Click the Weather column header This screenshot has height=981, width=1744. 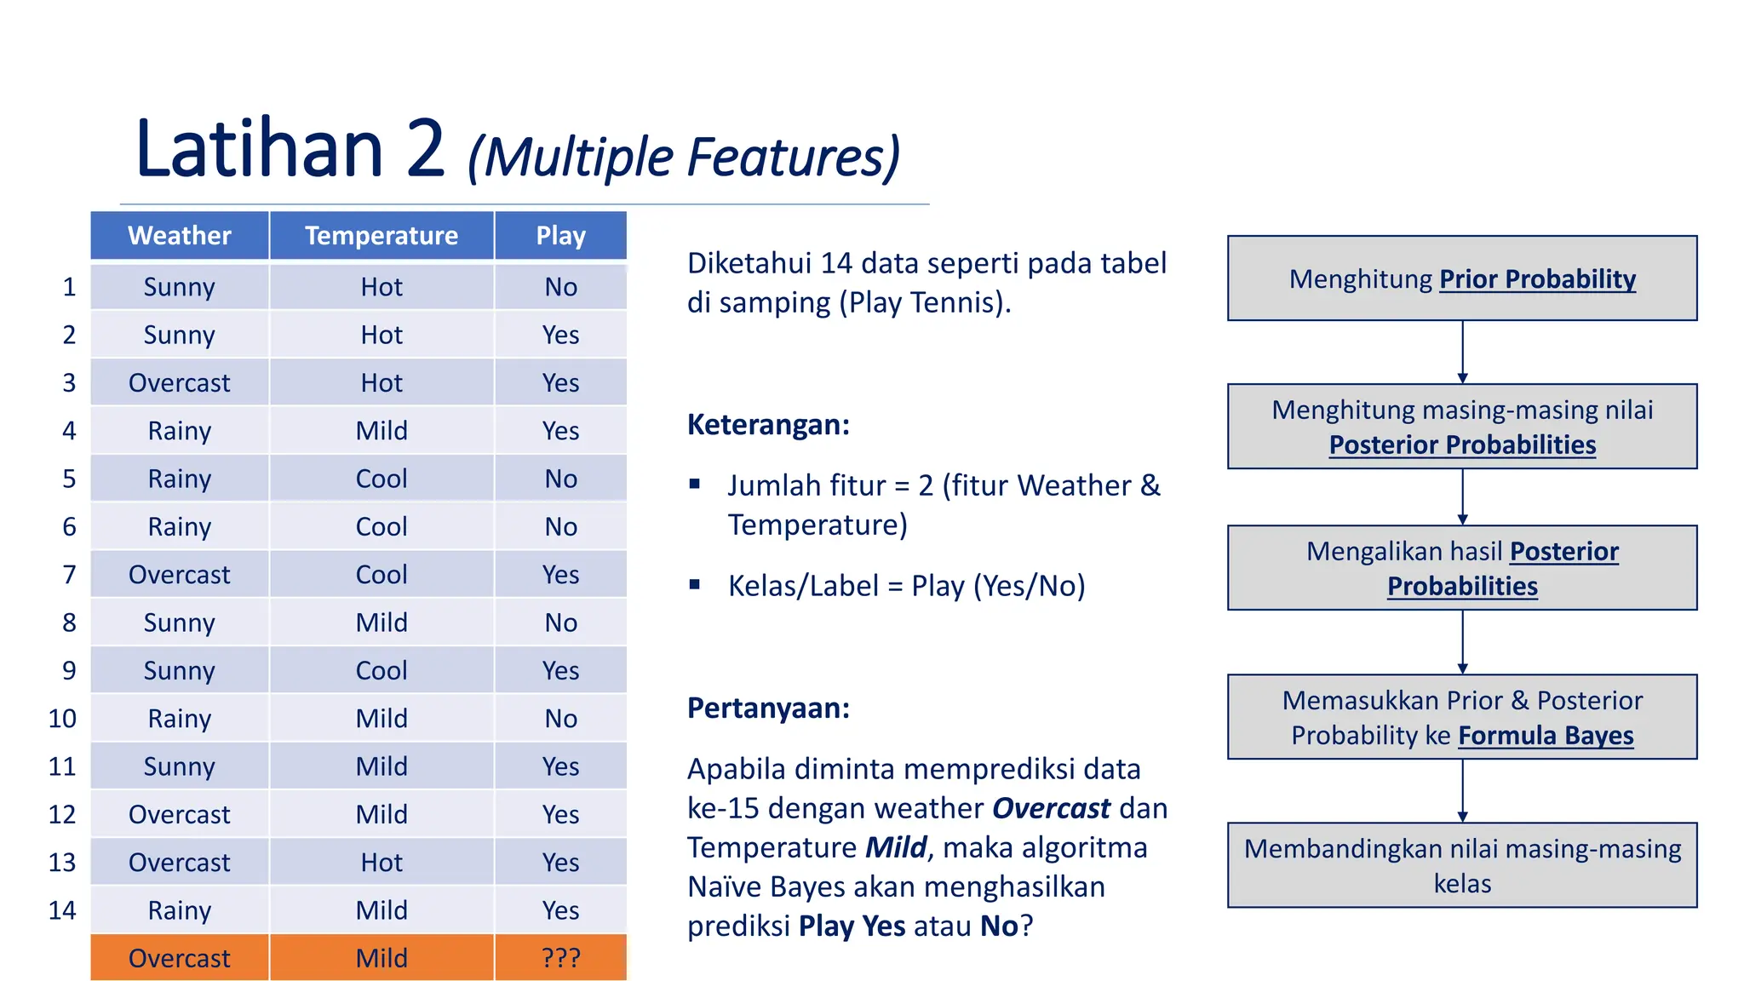[179, 236]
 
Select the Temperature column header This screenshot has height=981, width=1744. [381, 236]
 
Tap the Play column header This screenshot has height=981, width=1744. [560, 236]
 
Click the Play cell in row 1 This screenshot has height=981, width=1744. [560, 287]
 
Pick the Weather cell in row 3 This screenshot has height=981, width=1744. [179, 383]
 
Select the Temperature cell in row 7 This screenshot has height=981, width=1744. [381, 575]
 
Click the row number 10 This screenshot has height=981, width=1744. [62, 719]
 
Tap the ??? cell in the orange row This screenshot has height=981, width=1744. [560, 958]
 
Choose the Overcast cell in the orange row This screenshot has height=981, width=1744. [179, 958]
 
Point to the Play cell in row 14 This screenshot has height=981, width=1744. [560, 910]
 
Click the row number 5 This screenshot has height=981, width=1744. [69, 479]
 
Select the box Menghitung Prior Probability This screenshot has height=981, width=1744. [1462, 278]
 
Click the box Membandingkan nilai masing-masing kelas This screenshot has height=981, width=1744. [1462, 865]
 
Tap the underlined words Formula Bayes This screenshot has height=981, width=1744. [1546, 735]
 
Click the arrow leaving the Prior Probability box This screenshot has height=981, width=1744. [1462, 352]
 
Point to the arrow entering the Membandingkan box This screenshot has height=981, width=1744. [1462, 791]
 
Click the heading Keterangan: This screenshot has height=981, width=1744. [768, 424]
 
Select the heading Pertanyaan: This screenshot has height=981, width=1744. [768, 708]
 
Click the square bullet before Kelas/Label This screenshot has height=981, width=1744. [695, 584]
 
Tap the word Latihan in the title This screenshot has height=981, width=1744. [260, 149]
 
